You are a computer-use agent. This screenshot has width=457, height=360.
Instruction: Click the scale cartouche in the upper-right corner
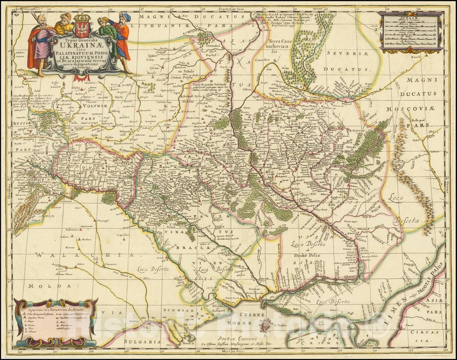(411, 31)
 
